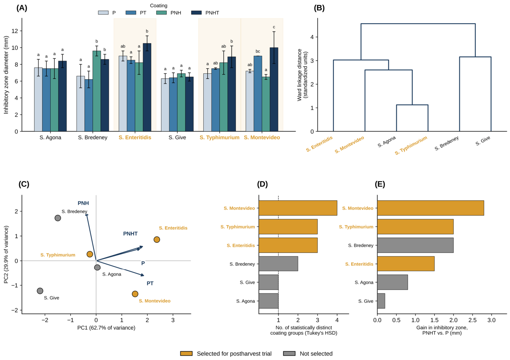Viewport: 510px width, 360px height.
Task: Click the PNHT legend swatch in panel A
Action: click(x=197, y=13)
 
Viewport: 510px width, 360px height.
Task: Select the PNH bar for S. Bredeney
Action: click(x=97, y=91)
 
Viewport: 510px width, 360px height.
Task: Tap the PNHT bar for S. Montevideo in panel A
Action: click(x=274, y=90)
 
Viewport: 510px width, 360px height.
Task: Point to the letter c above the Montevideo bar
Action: click(x=274, y=27)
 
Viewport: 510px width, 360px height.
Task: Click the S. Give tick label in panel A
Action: click(x=177, y=138)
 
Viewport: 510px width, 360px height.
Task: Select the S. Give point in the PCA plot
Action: click(x=40, y=291)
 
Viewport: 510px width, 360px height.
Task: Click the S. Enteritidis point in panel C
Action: click(x=157, y=240)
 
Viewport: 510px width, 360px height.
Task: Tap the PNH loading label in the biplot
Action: click(x=83, y=203)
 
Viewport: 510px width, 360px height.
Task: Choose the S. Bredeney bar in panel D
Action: click(x=278, y=264)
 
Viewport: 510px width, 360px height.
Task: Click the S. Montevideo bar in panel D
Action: click(x=298, y=208)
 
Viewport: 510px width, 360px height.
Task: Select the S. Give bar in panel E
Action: click(x=381, y=301)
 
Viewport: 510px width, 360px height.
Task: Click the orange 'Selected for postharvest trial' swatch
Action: click(x=186, y=353)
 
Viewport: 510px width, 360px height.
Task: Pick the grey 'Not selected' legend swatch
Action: click(x=289, y=353)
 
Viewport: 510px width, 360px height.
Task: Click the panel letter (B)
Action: click(x=319, y=8)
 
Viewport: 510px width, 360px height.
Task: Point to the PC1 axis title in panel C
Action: click(x=106, y=328)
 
